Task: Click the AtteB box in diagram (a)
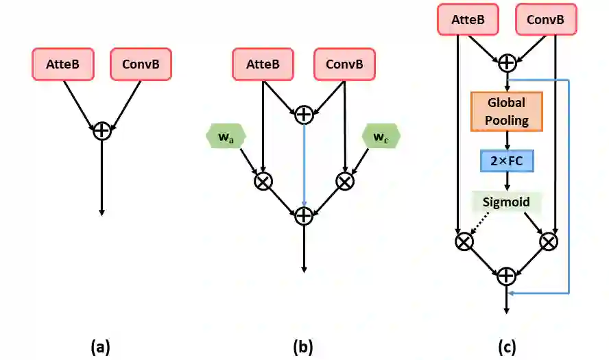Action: pyautogui.click(x=63, y=64)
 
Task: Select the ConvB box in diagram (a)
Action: pyautogui.click(x=141, y=64)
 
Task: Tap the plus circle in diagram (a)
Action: pyautogui.click(x=101, y=130)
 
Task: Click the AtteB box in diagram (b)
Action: pyautogui.click(x=263, y=64)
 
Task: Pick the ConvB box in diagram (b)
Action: pyautogui.click(x=344, y=64)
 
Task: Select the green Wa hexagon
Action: pyautogui.click(x=224, y=136)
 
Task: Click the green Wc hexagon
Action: pyautogui.click(x=381, y=136)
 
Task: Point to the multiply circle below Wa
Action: pyautogui.click(x=263, y=180)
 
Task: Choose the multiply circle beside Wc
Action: pyautogui.click(x=344, y=180)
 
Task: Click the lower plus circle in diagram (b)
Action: pyautogui.click(x=303, y=215)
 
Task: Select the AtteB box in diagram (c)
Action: pyautogui.click(x=468, y=21)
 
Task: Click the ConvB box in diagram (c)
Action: pyautogui.click(x=545, y=21)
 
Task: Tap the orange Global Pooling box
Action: pyautogui.click(x=506, y=111)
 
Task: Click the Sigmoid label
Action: pyautogui.click(x=506, y=203)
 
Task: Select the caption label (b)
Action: pyautogui.click(x=303, y=347)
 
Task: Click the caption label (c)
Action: pyautogui.click(x=506, y=347)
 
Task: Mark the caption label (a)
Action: pyautogui.click(x=101, y=347)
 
